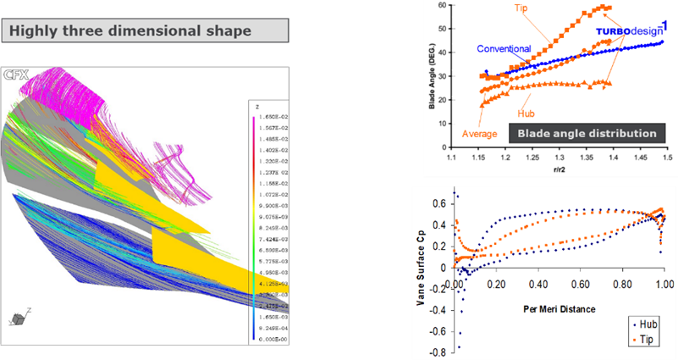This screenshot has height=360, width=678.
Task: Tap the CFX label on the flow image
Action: tap(14, 75)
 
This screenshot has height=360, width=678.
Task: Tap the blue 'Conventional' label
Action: tap(504, 48)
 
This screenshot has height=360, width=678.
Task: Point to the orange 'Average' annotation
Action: tap(479, 134)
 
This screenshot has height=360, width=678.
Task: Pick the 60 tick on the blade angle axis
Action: tap(440, 5)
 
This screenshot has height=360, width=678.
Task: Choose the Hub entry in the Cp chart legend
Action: tap(645, 323)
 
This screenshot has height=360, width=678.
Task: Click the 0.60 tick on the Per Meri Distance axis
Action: tap(559, 285)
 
